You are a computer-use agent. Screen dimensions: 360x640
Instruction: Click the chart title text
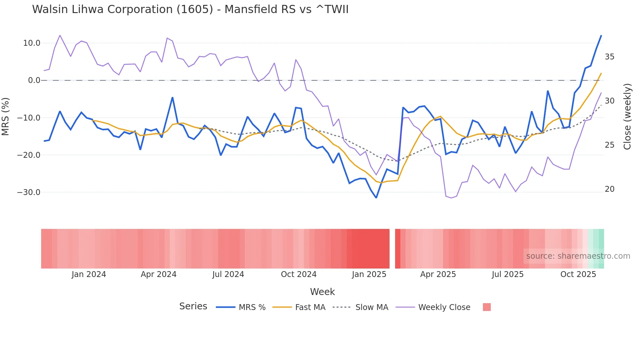tap(190, 9)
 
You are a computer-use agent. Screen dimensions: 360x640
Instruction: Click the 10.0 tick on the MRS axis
tap(32, 43)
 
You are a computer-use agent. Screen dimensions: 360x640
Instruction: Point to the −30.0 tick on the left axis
tap(29, 192)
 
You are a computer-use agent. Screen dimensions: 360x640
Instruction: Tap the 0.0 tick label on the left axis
tap(34, 80)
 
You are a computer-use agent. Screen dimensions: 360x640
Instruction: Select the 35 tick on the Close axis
tap(609, 57)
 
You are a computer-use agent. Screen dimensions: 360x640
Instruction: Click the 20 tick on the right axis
tap(609, 189)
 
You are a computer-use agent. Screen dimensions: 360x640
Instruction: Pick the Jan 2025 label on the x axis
tap(369, 274)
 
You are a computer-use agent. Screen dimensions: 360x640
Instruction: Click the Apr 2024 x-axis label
tap(158, 274)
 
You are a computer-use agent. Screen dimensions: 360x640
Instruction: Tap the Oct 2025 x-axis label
tap(578, 274)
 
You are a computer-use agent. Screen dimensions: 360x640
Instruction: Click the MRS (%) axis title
tap(6, 116)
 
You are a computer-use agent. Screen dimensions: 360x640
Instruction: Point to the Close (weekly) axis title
tap(627, 116)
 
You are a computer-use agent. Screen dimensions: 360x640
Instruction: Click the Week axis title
tap(322, 292)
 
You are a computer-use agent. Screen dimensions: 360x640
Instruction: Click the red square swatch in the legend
tap(487, 307)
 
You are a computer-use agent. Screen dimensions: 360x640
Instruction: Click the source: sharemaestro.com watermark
tap(578, 256)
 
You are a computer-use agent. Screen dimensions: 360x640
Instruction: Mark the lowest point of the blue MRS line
tap(376, 198)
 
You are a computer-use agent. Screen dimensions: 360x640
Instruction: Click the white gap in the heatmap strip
tap(392, 249)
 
